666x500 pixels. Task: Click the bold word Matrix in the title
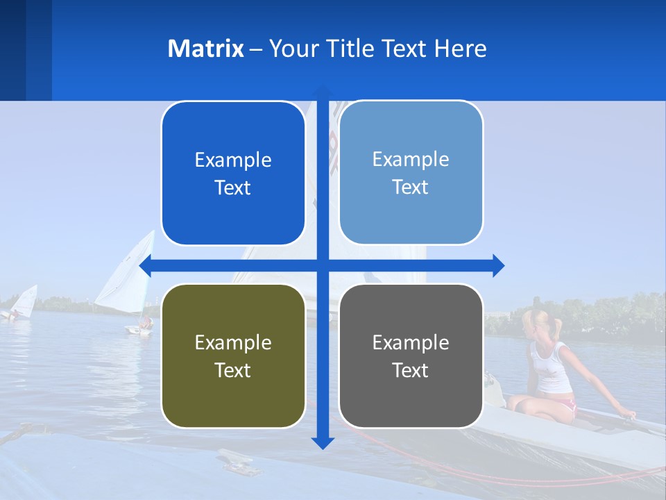pyautogui.click(x=205, y=49)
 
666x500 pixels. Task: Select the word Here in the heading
pyautogui.click(x=460, y=49)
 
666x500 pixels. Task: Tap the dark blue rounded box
pyautogui.click(x=233, y=174)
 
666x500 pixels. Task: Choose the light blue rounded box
pyautogui.click(x=411, y=173)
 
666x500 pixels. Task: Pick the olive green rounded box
pyautogui.click(x=233, y=356)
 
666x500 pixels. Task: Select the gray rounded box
pyautogui.click(x=411, y=356)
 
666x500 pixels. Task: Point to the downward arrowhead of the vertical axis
pyautogui.click(x=323, y=443)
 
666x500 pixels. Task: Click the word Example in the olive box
pyautogui.click(x=233, y=342)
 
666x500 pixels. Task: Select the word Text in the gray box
pyautogui.click(x=411, y=370)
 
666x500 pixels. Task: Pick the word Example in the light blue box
pyautogui.click(x=411, y=159)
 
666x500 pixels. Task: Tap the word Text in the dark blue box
pyautogui.click(x=233, y=187)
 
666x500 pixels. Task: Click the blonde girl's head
pyautogui.click(x=536, y=322)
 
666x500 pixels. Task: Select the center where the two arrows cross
pyautogui.click(x=323, y=265)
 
